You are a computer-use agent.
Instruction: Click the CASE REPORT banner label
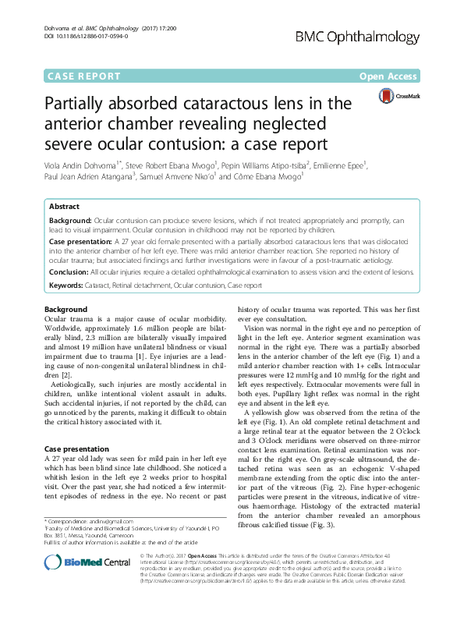[x=84, y=76]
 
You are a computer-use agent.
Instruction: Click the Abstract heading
[x=64, y=207]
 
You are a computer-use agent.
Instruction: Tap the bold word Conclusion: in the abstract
[x=71, y=272]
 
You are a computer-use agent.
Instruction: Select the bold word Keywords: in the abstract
[x=69, y=286]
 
